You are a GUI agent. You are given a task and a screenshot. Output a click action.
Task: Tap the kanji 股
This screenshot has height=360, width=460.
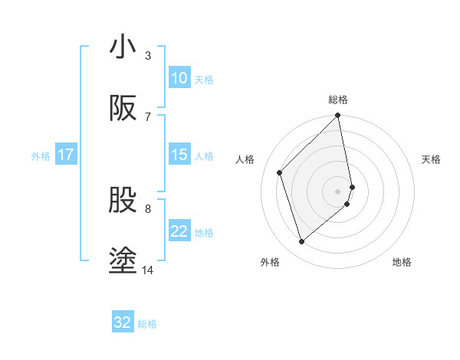point(123,200)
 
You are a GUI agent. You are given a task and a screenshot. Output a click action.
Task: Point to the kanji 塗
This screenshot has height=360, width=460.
point(123,261)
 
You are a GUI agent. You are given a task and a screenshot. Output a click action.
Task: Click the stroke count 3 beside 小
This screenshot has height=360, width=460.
point(147,56)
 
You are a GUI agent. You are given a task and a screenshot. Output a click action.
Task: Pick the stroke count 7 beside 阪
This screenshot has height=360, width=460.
point(147,116)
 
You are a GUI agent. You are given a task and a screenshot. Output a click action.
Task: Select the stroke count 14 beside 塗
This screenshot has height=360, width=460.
point(148,270)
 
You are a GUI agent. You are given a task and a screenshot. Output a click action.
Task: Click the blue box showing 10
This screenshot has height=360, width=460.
point(179,78)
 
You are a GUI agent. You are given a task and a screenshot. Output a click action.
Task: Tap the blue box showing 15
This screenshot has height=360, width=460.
point(179,155)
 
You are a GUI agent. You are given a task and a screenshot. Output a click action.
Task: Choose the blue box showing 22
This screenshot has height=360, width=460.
point(179,231)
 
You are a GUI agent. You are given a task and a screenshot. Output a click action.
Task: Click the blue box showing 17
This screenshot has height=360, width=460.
point(66,155)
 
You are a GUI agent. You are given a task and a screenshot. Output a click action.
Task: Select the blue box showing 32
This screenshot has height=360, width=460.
point(123,322)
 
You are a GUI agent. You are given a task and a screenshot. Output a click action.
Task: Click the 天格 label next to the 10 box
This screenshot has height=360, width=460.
point(204,79)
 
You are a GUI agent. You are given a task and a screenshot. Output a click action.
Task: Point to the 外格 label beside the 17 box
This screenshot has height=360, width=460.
point(41,155)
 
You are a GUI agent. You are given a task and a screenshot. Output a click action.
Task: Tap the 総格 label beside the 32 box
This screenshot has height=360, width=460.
point(147,323)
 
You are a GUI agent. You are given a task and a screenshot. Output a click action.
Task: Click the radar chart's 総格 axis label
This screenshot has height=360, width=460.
point(338,100)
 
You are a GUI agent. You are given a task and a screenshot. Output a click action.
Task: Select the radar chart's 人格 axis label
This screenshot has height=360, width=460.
point(245,159)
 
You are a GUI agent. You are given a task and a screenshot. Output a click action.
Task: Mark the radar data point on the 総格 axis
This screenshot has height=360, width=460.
point(338,116)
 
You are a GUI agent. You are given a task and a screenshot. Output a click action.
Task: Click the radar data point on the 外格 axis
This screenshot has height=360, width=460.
point(301,242)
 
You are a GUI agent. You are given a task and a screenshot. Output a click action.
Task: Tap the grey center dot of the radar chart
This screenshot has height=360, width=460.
point(338,190)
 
